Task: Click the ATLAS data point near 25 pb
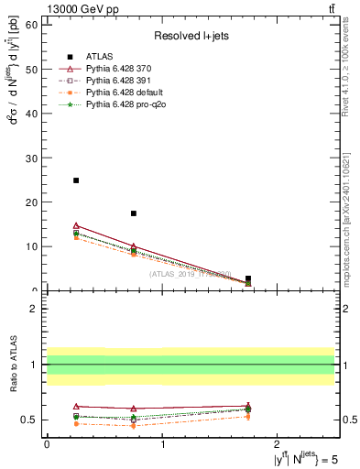point(76,180)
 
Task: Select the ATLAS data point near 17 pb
point(134,213)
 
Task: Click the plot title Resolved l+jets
point(191,36)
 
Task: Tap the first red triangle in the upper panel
point(76,225)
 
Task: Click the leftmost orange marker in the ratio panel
point(76,423)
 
